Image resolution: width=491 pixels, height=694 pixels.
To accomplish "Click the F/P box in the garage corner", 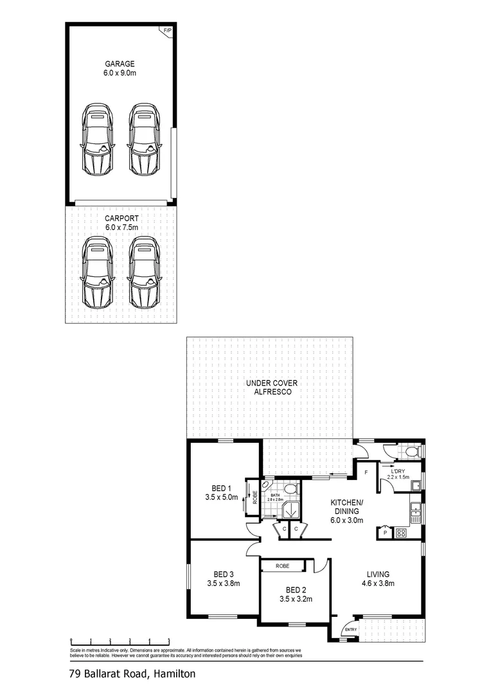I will (167, 30).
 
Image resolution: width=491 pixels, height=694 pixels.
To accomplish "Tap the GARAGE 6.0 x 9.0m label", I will (121, 68).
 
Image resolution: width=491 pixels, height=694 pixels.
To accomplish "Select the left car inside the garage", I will (96, 139).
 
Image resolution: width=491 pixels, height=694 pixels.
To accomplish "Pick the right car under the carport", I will (143, 272).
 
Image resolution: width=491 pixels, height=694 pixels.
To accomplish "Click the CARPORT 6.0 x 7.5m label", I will (121, 222).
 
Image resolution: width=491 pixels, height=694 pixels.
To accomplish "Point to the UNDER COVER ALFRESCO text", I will (269, 387).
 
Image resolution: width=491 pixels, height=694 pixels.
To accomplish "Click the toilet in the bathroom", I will (290, 491).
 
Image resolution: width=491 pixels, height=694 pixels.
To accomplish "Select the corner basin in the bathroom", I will (266, 486).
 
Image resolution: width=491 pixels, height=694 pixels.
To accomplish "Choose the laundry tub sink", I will (416, 485).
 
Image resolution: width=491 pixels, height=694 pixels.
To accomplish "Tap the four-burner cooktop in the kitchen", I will (402, 532).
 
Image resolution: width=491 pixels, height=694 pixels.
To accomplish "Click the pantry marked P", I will (385, 532).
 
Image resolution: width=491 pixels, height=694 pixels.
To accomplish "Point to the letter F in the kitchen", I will (366, 473).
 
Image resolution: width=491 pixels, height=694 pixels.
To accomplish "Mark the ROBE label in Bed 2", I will (282, 566).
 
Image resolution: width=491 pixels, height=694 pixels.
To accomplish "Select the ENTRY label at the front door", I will (350, 629).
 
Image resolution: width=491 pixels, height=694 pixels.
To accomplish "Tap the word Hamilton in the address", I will (172, 674).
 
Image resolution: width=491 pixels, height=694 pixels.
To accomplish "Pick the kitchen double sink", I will (416, 512).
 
